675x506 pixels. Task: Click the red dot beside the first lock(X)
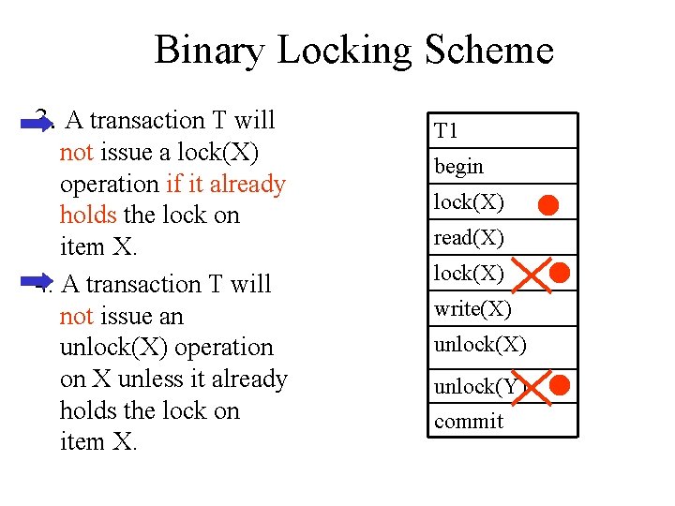coord(549,203)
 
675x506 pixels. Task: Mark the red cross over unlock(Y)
coord(531,385)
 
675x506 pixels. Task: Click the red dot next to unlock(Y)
coord(561,384)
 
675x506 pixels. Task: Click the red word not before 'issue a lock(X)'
coord(76,153)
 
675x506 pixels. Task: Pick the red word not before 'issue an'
coord(76,317)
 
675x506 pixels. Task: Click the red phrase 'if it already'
coord(225,185)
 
